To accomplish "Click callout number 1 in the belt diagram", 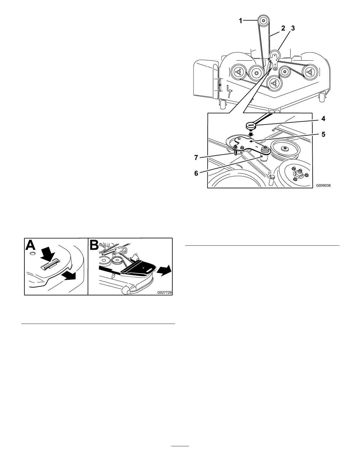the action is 241,21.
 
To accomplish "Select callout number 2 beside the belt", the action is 283,29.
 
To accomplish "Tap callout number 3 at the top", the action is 293,29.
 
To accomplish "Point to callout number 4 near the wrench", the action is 323,119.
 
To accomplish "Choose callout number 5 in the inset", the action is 323,134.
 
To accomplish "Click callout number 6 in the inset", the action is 196,173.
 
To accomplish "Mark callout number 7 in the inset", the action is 196,158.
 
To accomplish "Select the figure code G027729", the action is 164,292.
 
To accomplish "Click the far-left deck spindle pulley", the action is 238,72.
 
